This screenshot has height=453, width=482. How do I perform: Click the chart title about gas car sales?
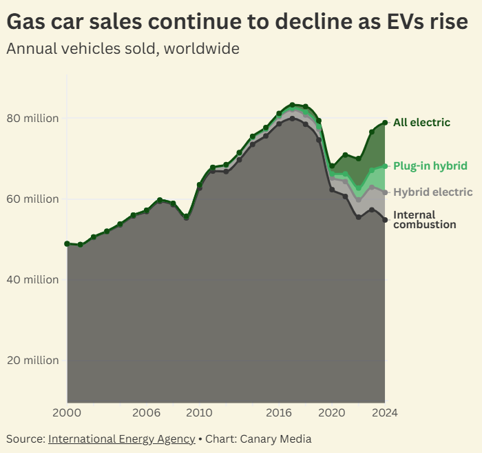click(238, 22)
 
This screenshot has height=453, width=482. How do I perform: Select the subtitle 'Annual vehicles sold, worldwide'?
click(123, 49)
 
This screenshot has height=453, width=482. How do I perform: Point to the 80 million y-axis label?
click(33, 119)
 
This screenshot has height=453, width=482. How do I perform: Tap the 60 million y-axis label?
click(33, 199)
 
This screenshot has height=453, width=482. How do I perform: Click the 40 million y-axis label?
click(33, 280)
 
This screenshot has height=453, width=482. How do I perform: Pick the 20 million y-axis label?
click(33, 361)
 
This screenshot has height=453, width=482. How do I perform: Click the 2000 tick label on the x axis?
click(67, 413)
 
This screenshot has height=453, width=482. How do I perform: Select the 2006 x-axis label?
click(147, 413)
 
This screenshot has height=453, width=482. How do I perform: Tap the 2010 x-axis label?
click(200, 413)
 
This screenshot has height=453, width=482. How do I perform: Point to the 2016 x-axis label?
click(279, 413)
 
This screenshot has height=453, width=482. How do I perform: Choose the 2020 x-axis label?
click(332, 413)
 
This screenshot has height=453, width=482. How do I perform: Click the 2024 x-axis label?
click(384, 413)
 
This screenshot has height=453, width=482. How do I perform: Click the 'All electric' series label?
click(421, 123)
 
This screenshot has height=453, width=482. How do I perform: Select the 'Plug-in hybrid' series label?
click(430, 166)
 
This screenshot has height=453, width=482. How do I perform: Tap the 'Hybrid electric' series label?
click(433, 192)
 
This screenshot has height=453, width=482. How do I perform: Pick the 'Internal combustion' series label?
click(424, 220)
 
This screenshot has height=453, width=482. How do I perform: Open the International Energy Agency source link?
click(121, 439)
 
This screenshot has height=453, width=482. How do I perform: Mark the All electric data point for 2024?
click(385, 123)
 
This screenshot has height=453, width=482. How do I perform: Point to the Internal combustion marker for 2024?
click(385, 220)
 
